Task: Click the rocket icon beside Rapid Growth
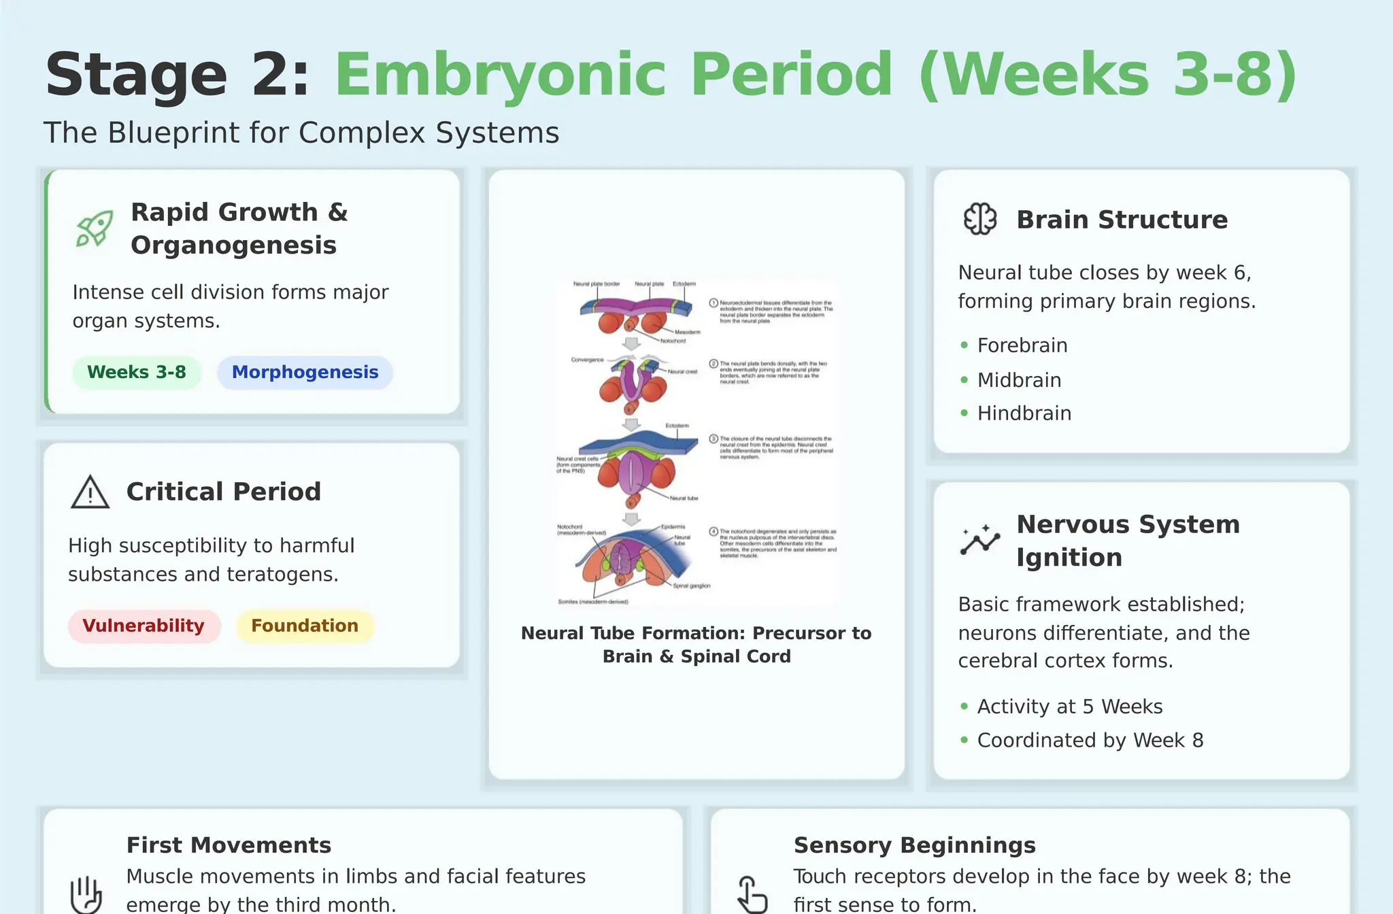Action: tap(94, 228)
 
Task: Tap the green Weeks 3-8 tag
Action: tap(137, 373)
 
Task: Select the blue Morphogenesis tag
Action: tap(305, 373)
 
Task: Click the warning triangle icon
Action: tap(90, 492)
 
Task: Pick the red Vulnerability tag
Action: tap(144, 626)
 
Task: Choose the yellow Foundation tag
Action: tap(305, 626)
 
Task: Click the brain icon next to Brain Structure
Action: tap(980, 220)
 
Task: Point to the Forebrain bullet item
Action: tap(1022, 345)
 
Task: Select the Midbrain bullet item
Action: tap(1019, 380)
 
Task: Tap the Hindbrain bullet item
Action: tap(1024, 413)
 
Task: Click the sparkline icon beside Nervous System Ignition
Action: tap(980, 541)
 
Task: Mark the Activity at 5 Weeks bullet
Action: tap(1069, 707)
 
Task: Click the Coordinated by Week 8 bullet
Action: tap(1090, 741)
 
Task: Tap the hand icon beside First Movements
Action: tap(86, 894)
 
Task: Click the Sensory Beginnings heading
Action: tap(914, 845)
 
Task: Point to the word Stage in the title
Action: tap(136, 75)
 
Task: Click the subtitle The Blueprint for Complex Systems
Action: tap(301, 133)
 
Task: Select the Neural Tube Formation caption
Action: tap(696, 645)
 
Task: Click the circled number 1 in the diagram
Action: tap(714, 303)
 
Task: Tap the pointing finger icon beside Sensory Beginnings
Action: tap(752, 894)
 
